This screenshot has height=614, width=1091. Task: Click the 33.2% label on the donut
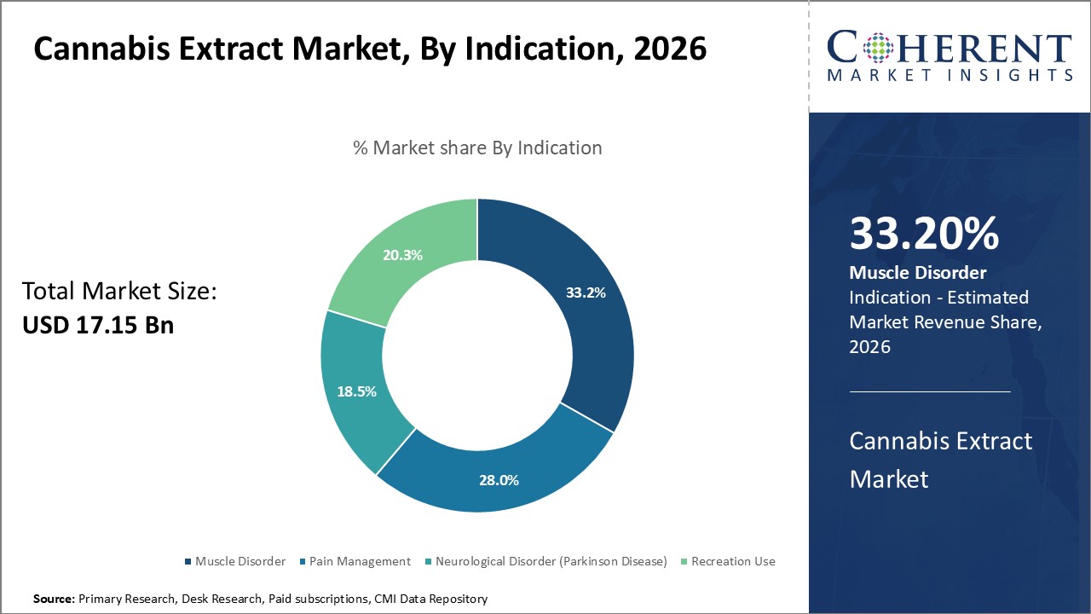pyautogui.click(x=586, y=293)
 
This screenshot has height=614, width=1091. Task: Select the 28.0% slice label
pyautogui.click(x=499, y=480)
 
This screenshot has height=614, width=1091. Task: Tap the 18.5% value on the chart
pyautogui.click(x=356, y=391)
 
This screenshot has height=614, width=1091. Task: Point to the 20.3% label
pyautogui.click(x=402, y=255)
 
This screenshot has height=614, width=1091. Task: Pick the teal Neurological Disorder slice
pyautogui.click(x=349, y=358)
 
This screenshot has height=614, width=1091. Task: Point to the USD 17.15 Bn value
pyautogui.click(x=98, y=325)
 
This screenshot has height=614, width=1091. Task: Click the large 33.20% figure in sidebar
pyautogui.click(x=924, y=234)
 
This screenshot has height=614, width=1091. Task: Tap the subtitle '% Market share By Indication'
pyautogui.click(x=477, y=148)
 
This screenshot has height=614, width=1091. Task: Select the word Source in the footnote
pyautogui.click(x=54, y=599)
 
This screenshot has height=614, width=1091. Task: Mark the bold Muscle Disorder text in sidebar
pyautogui.click(x=918, y=273)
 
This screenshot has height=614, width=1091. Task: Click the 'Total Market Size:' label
pyautogui.click(x=120, y=292)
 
